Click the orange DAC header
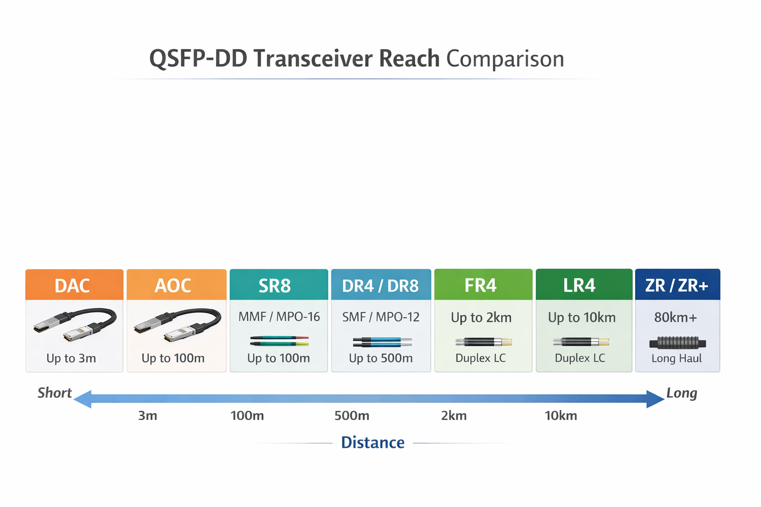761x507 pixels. coord(74,285)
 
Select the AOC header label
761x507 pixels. coord(173,286)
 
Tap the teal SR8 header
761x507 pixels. coord(275,286)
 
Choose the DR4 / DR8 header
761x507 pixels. coord(380,286)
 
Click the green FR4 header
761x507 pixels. coord(481,285)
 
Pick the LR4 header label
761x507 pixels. coord(579,285)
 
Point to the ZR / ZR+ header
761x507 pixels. coord(677,285)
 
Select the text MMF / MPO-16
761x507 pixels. coord(279,317)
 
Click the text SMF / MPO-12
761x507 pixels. coord(380,317)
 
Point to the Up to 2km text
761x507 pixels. coord(481,317)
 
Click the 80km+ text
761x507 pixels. coord(675,317)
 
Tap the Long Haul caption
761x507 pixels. coord(676,358)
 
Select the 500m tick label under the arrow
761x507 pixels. coord(352,415)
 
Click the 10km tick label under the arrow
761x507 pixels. coord(561,415)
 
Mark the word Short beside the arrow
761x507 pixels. coord(54,393)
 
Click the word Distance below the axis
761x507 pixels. coord(373,442)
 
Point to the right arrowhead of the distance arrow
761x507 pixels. coord(655,399)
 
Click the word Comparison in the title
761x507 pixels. coord(505,59)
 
